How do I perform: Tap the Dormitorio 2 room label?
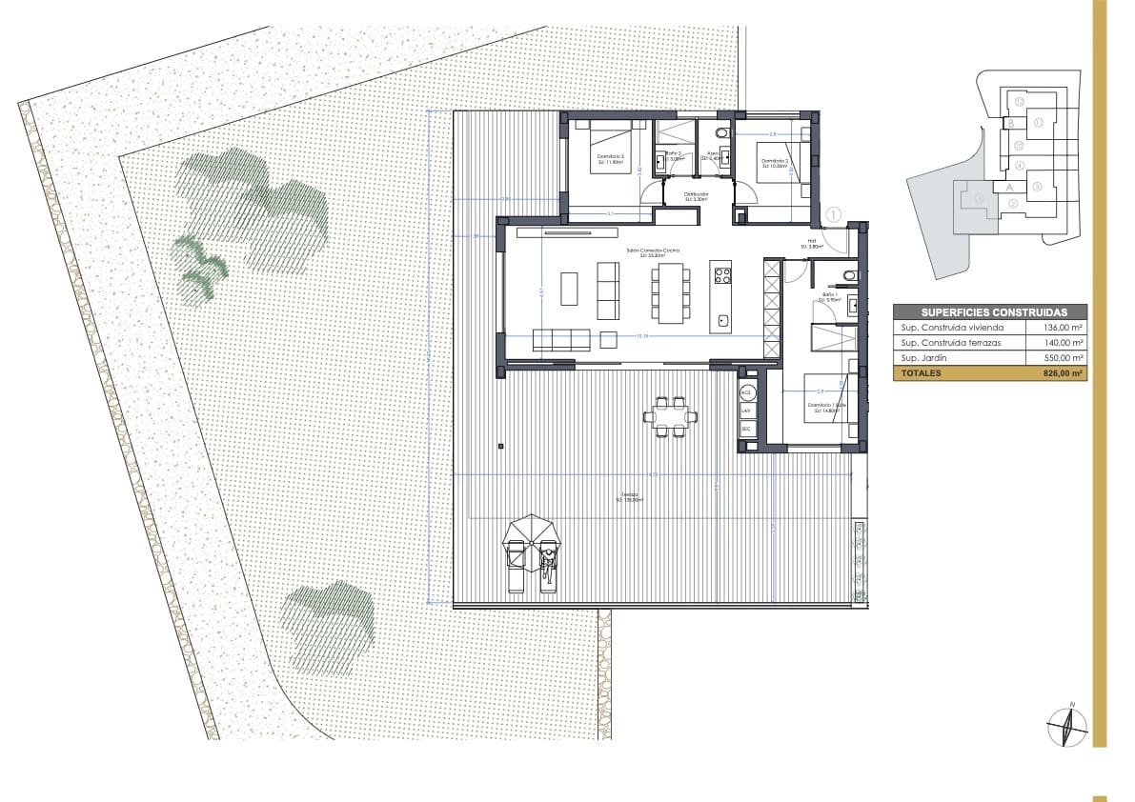[774, 163]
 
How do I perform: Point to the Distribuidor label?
[696, 196]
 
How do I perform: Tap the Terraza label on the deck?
[629, 498]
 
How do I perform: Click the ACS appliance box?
[746, 392]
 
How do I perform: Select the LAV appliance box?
[746, 411]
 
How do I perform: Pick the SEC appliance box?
[746, 430]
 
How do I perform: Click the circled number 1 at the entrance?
[834, 216]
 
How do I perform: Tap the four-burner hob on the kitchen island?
[722, 276]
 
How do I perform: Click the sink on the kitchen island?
[722, 320]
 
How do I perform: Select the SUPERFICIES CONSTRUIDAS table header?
[990, 312]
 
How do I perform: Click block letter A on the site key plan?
[1008, 188]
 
